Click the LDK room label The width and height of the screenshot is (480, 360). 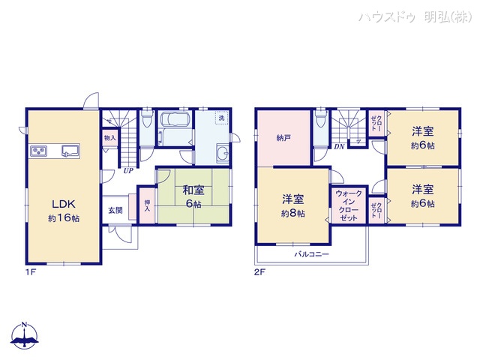click(x=60, y=202)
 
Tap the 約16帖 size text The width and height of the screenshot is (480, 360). click(x=64, y=217)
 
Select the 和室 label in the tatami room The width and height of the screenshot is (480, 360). click(x=192, y=190)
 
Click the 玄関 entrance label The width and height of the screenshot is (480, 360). click(x=115, y=210)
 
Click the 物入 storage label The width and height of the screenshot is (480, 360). click(x=109, y=139)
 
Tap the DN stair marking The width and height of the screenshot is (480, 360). click(x=339, y=146)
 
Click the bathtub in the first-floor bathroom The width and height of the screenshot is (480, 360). click(x=175, y=120)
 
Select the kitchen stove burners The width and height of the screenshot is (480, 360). click(x=40, y=151)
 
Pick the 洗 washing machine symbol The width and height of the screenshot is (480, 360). click(x=221, y=118)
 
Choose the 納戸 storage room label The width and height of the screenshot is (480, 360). click(x=283, y=137)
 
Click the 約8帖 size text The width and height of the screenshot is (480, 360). click(x=292, y=214)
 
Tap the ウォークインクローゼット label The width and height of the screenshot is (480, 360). click(x=348, y=205)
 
